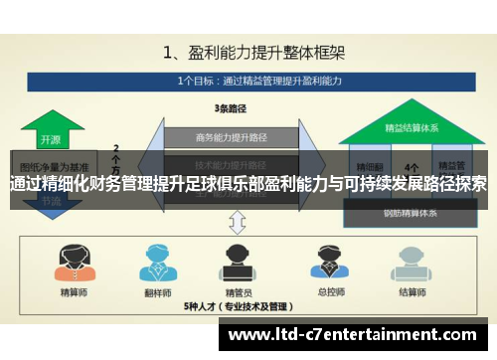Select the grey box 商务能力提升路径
point(231,136)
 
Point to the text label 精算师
point(74,291)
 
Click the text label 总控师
point(324,291)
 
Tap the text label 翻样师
point(159,291)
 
